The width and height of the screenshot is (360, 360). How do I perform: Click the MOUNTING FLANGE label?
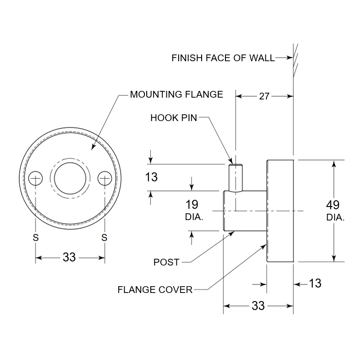coord(176,94)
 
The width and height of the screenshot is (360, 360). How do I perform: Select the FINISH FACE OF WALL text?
coord(223,58)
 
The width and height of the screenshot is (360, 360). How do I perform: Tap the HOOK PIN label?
coord(174,118)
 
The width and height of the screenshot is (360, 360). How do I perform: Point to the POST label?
coord(166,262)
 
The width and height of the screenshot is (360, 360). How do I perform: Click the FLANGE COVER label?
coord(155,289)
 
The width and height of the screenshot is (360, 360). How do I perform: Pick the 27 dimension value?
coord(264,95)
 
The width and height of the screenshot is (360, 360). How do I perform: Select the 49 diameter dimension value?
coord(333,205)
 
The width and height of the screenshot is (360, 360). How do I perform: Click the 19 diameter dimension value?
coord(192,205)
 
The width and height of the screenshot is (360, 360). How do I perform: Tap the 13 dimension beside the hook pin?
coord(152,177)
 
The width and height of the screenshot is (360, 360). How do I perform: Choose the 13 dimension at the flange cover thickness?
coord(315,283)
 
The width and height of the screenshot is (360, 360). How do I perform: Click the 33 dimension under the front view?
coord(69,257)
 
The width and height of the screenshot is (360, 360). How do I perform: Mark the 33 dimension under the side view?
coord(258,306)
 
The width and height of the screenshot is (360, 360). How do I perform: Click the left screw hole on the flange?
coord(35,179)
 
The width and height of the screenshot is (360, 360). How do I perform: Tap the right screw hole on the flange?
coord(105,179)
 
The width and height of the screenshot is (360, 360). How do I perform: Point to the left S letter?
coord(35,238)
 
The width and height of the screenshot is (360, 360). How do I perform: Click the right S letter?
coord(104,238)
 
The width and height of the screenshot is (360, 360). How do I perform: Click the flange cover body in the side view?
coord(280,211)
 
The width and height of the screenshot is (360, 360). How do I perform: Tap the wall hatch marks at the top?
coord(295,58)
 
